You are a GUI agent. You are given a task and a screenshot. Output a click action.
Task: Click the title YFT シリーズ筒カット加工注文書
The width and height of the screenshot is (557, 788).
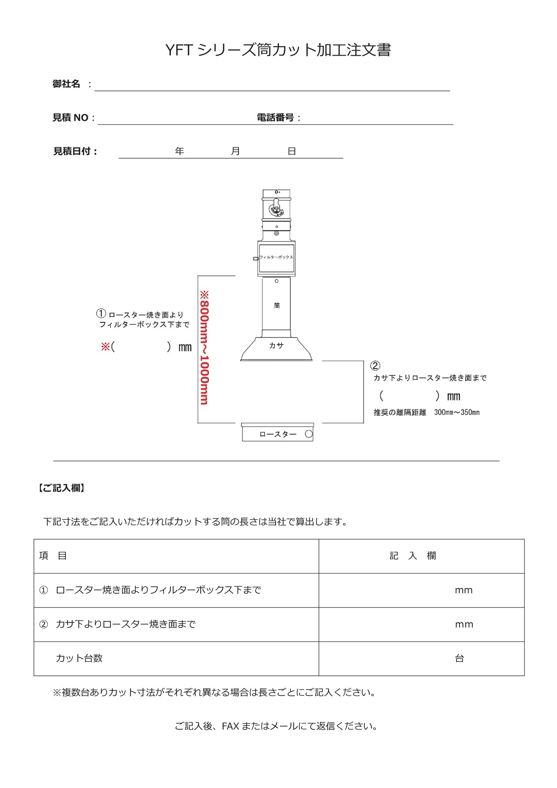[278, 50]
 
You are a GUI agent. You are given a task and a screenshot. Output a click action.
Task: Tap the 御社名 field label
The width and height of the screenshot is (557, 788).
[66, 84]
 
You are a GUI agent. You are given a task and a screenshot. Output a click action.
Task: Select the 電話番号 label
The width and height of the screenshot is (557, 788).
[275, 117]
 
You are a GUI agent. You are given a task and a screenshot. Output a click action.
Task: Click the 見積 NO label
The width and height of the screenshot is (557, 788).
[70, 117]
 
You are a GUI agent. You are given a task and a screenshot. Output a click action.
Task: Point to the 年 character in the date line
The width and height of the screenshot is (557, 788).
[179, 151]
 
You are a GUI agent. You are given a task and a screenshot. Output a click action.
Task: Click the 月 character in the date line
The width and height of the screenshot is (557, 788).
[235, 151]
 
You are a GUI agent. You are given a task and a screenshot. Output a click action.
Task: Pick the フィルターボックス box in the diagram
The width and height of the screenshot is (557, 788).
[276, 258]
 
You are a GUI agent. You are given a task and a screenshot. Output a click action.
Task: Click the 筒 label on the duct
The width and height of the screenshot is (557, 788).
[277, 305]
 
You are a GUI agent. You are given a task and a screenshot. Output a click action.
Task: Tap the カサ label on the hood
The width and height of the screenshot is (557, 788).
[276, 345]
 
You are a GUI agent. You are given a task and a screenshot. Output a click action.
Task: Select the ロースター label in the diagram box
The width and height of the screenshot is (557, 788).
[278, 434]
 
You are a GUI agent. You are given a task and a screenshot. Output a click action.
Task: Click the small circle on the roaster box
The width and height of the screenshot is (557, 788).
[309, 434]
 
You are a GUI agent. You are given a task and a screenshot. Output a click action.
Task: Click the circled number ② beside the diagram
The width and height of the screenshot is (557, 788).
[375, 366]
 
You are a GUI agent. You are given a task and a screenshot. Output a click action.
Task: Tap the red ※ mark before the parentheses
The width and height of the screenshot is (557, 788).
[105, 347]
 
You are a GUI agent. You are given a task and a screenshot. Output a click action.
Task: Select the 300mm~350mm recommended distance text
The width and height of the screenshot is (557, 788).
[456, 412]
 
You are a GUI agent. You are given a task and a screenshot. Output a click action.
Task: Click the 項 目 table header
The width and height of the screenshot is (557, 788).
[53, 556]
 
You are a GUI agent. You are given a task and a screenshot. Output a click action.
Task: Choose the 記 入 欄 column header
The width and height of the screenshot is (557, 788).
[413, 556]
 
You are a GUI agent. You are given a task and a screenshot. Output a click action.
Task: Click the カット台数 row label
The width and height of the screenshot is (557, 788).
[79, 658]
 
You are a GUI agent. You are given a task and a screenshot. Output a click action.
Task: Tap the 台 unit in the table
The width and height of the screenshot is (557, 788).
[460, 658]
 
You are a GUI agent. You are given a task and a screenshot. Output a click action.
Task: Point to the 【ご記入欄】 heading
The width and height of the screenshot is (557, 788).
[61, 488]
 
